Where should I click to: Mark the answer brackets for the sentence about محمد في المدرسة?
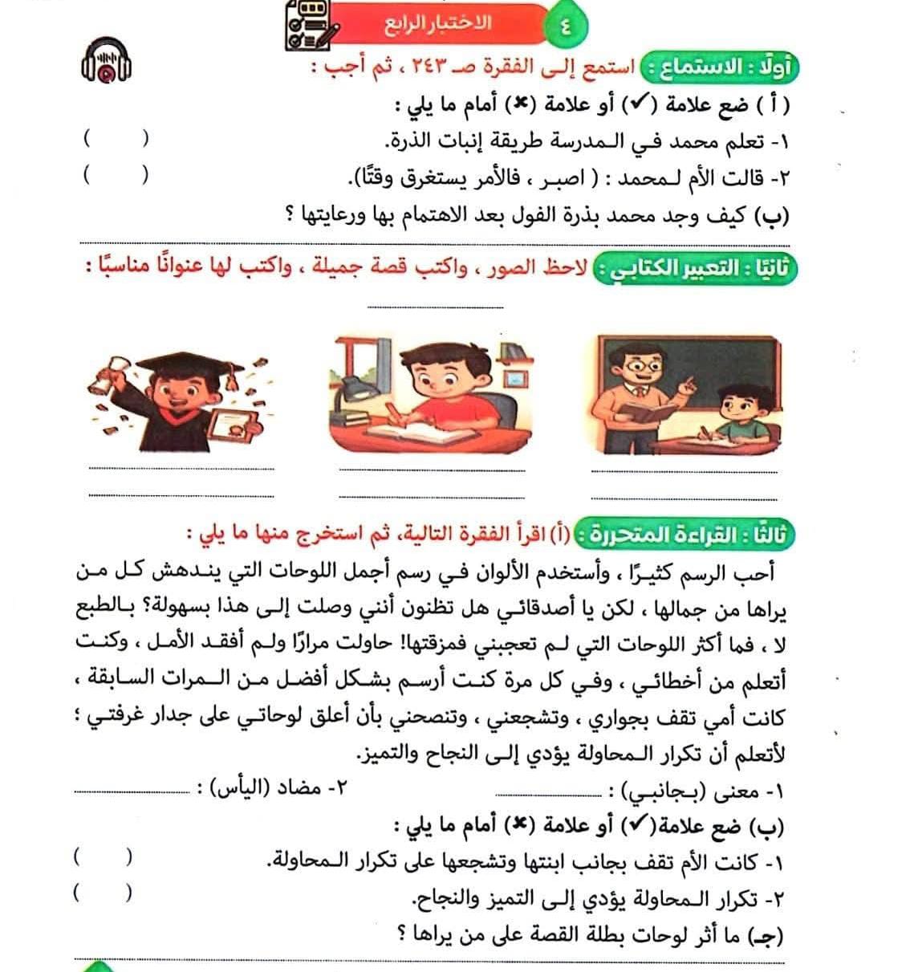pos(116,139)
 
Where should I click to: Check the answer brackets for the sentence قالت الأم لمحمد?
pos(116,176)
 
